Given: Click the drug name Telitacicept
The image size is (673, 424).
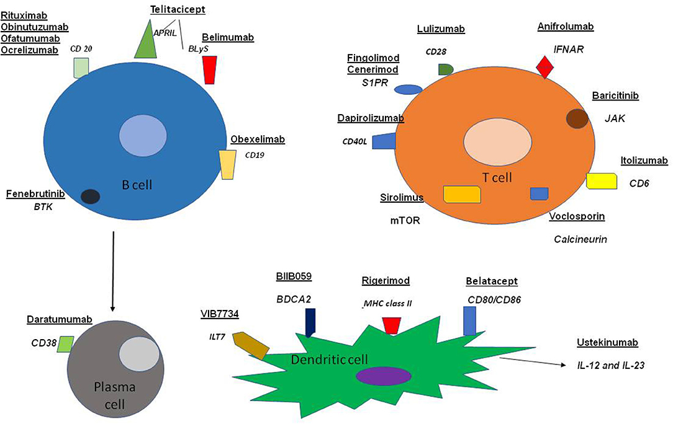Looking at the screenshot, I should (178, 9).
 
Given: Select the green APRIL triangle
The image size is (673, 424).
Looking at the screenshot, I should (147, 41).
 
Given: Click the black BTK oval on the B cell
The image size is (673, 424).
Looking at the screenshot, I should (91, 197).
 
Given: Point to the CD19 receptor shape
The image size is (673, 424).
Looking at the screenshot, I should (227, 164).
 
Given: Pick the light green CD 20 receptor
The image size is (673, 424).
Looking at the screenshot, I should (81, 68).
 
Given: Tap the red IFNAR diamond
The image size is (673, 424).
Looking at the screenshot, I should (545, 66).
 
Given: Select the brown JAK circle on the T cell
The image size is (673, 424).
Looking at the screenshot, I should (577, 118).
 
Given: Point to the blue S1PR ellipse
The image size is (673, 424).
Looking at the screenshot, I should (409, 89).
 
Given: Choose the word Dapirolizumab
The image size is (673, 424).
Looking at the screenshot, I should (371, 118).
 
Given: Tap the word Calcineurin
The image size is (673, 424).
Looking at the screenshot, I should (580, 239).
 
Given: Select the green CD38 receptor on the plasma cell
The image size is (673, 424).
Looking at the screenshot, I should (65, 343).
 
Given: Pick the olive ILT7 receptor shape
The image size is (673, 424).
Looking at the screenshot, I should (250, 345).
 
